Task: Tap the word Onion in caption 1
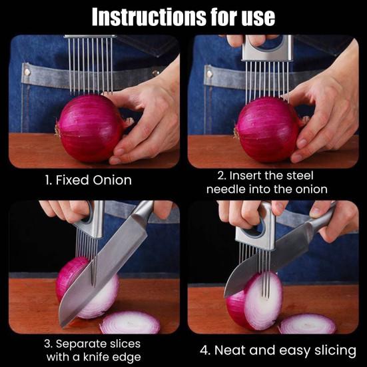point(113,181)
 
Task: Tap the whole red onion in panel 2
point(268,130)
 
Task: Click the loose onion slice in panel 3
point(130,322)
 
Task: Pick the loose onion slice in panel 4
point(308,324)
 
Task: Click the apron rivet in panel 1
point(27,73)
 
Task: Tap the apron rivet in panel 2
point(210,74)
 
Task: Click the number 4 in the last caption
point(204,350)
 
